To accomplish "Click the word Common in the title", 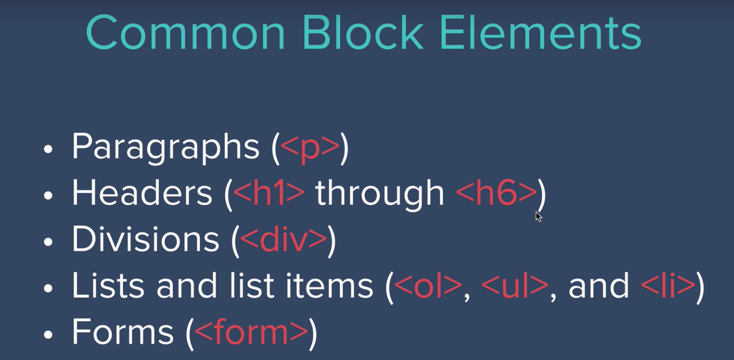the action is point(185,33).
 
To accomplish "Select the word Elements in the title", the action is point(540,33).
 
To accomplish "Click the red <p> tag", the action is point(310,148).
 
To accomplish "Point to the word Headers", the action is point(142,193).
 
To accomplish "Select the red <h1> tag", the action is point(268,193).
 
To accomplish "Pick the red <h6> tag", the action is point(497,193).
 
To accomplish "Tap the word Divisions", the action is point(145,239).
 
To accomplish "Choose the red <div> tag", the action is point(283,239).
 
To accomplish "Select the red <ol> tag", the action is point(428,285).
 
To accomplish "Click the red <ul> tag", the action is point(515,285).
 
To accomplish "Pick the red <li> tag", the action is point(667,285).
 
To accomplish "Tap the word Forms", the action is point(123,331).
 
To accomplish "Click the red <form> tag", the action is point(251,331).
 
